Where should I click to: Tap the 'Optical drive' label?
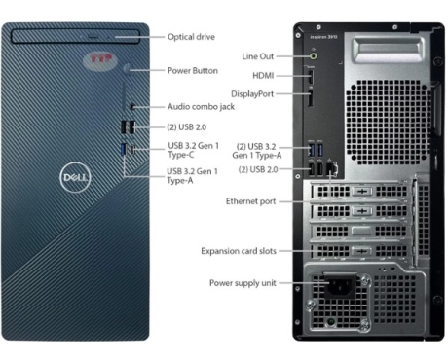[192, 37]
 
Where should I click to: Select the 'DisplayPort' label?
[256, 94]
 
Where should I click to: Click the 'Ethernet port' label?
[250, 200]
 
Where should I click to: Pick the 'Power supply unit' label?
[243, 283]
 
